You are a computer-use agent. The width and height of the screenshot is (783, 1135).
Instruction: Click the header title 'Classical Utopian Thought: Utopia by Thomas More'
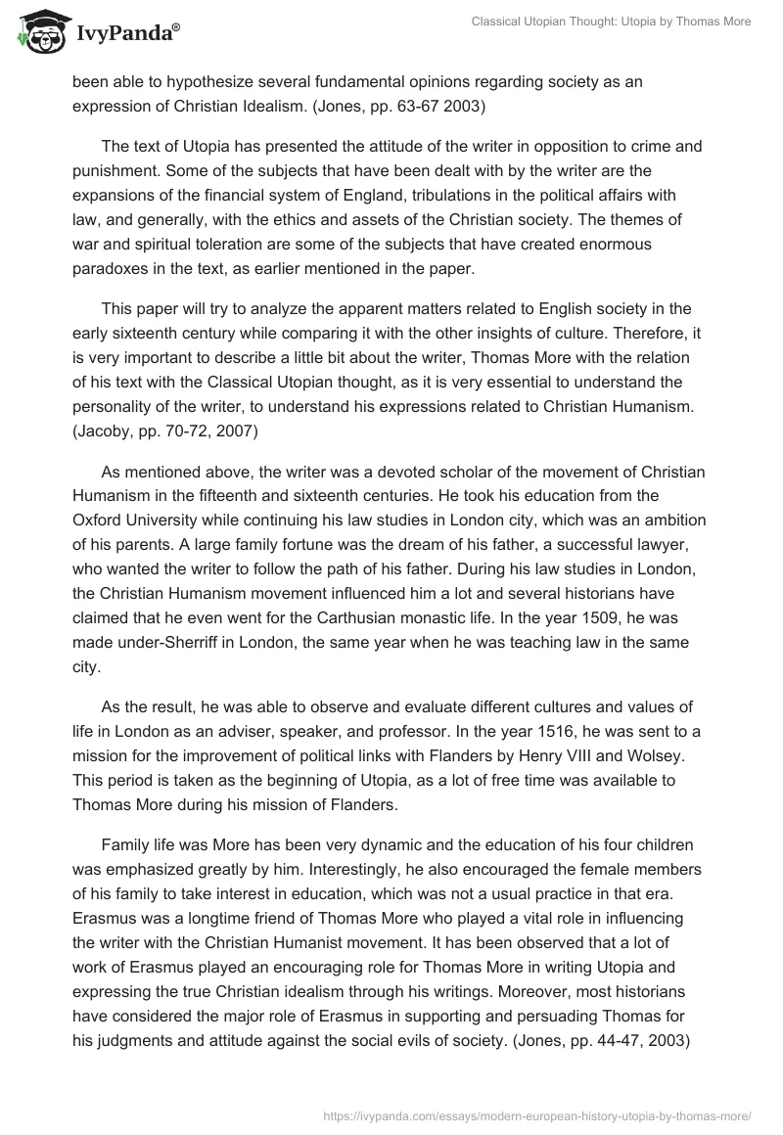tap(596, 22)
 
